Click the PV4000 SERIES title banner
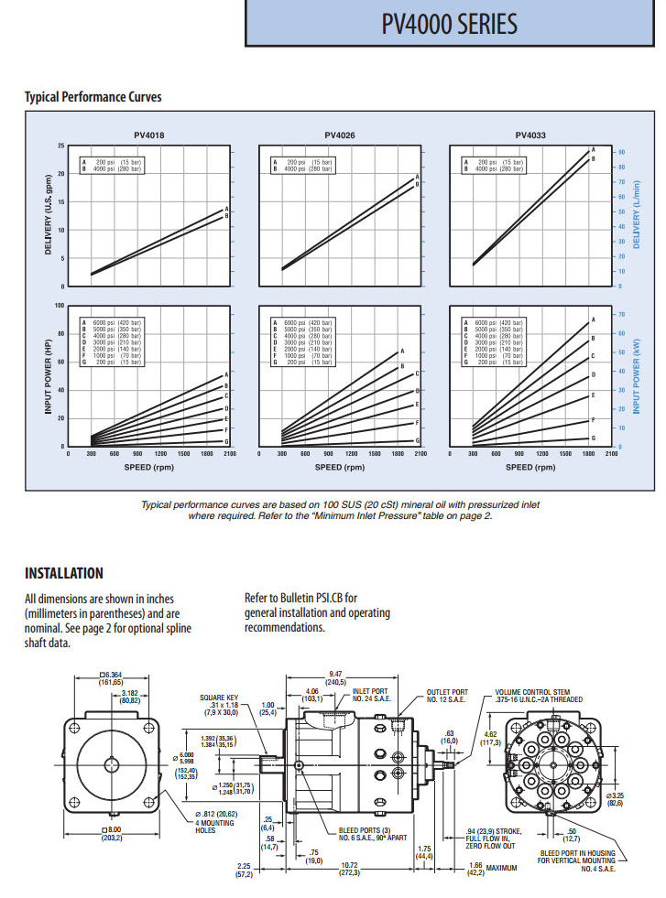449,24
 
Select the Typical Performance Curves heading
93,97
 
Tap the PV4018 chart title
149,135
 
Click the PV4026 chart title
340,135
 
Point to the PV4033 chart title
530,135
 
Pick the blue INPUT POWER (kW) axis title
636,375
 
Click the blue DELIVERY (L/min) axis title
636,217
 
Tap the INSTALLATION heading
63,574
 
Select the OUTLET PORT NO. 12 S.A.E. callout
447,697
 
